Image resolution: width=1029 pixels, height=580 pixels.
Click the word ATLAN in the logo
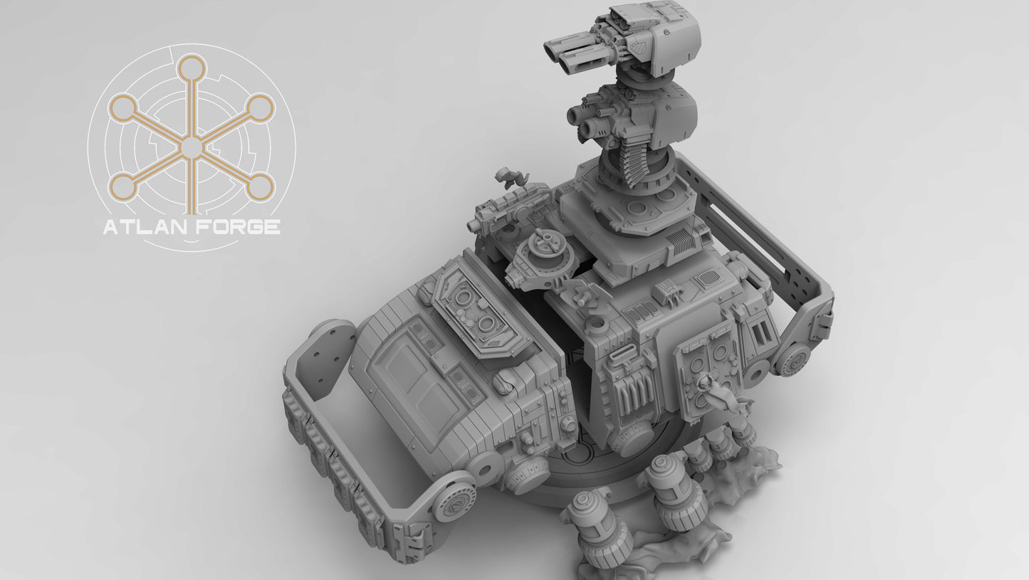(x=145, y=227)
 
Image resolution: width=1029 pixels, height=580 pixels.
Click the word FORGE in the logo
(x=238, y=227)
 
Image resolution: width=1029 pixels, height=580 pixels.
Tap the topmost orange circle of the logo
(x=191, y=68)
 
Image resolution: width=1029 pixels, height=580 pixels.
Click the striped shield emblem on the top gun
(x=636, y=45)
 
